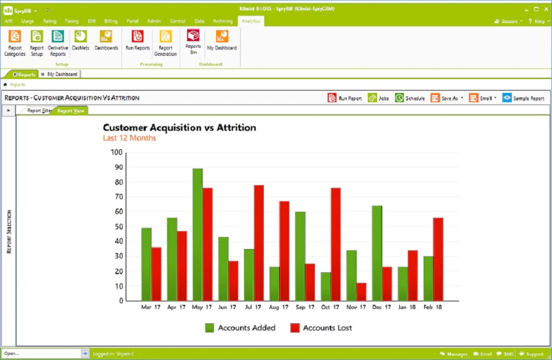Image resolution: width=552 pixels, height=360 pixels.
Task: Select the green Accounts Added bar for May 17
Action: [x=198, y=235]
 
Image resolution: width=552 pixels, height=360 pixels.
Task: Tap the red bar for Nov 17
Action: [x=361, y=291]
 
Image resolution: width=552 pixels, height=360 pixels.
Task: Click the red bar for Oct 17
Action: [x=335, y=244]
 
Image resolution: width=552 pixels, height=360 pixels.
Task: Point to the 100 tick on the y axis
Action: [x=116, y=153]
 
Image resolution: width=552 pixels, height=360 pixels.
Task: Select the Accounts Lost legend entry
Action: [x=321, y=328]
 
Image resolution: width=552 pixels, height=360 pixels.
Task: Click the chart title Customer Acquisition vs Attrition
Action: [x=179, y=128]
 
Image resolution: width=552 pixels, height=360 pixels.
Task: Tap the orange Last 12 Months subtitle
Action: [x=129, y=138]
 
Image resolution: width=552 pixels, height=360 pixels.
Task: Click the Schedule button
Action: [x=410, y=98]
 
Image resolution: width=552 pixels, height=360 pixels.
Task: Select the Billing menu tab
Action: [x=111, y=21]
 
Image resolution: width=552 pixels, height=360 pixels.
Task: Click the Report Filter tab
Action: [x=39, y=110]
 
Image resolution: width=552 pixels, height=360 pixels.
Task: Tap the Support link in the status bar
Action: [x=531, y=354]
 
